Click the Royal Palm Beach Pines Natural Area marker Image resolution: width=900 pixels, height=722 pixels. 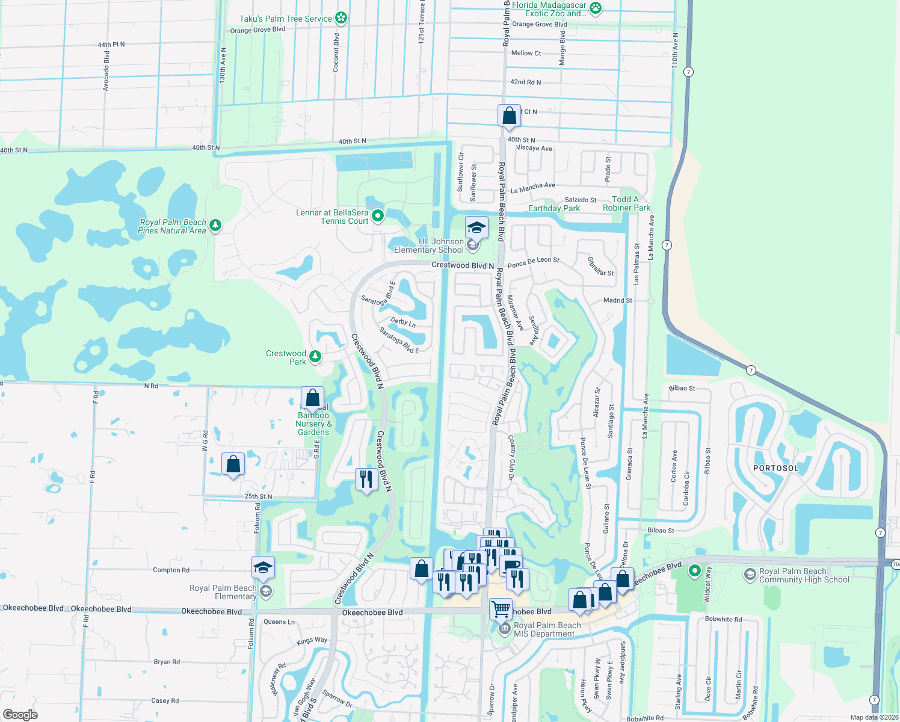215,226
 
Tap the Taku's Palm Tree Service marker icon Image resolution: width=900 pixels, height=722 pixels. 341,18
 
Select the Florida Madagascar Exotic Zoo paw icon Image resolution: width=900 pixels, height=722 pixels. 596,8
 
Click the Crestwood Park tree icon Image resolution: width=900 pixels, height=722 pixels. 315,357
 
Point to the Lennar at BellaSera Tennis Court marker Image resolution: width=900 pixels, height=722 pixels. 378,215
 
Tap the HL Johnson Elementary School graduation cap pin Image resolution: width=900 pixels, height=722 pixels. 476,228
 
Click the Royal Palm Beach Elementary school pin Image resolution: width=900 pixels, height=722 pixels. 263,567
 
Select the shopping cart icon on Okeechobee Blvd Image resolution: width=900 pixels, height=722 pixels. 501,609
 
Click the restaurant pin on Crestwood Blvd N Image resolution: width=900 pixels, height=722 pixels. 366,480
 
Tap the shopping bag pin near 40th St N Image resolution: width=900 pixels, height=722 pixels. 509,116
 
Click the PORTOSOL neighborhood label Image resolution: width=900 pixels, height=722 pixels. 775,468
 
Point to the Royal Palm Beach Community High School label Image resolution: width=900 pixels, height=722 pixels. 804,576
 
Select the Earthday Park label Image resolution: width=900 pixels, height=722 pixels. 553,209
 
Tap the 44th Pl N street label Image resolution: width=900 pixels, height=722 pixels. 111,45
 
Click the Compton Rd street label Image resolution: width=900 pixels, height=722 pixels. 171,570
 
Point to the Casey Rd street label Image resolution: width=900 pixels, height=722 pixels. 165,701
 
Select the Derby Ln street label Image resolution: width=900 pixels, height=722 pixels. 403,322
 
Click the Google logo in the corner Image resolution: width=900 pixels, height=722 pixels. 20,715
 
